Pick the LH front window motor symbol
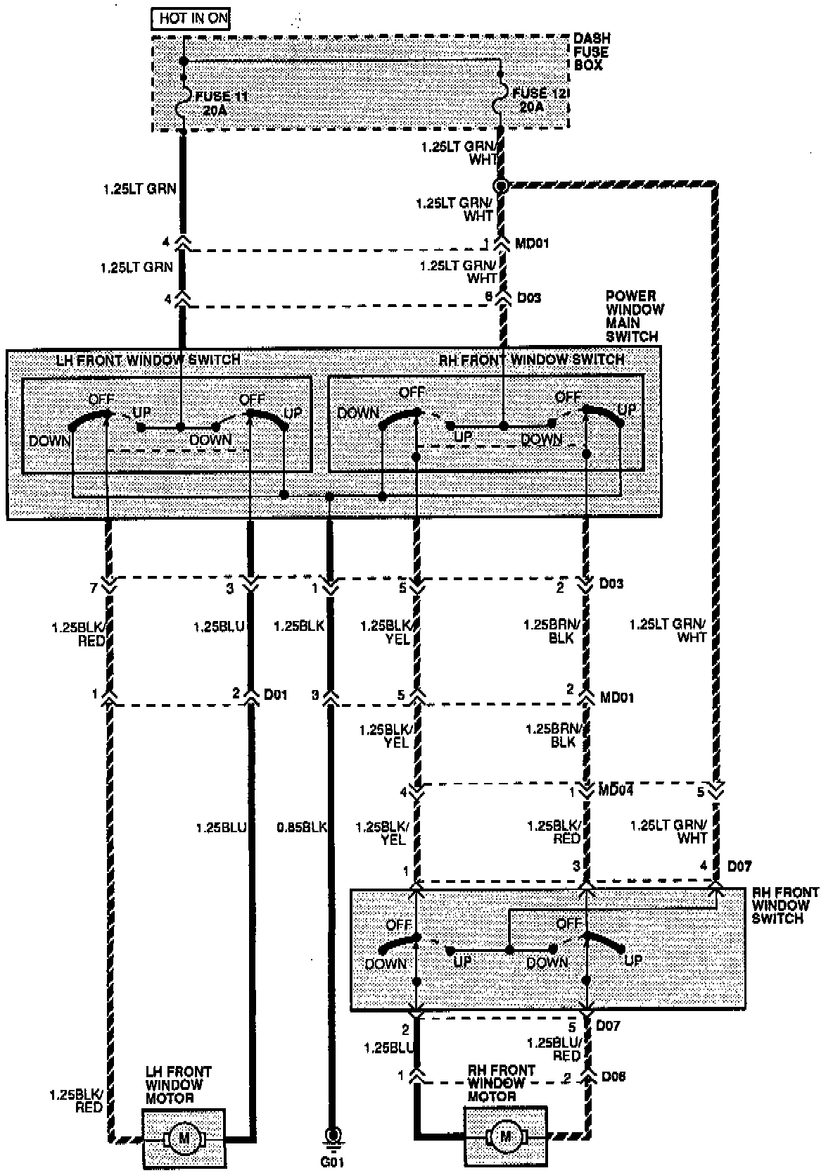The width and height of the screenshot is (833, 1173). pos(184,1137)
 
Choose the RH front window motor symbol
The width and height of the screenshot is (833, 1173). pos(505,1136)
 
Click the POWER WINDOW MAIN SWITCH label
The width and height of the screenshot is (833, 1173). pos(634,316)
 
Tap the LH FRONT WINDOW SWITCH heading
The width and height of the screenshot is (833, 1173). pos(148,360)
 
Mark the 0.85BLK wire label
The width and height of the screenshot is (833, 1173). pos(303,827)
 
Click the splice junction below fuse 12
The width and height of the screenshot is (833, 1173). pos(500,187)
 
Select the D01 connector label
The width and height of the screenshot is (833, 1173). pos(275,695)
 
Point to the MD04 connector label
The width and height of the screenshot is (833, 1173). pos(615,791)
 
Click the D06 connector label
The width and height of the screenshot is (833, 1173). pos(612,1077)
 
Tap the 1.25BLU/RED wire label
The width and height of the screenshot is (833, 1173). pos(555,1048)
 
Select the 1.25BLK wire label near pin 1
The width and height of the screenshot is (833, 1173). pos(298,625)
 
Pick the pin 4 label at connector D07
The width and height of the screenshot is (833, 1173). pos(704,866)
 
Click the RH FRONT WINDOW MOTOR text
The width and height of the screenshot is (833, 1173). pos(501,1083)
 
